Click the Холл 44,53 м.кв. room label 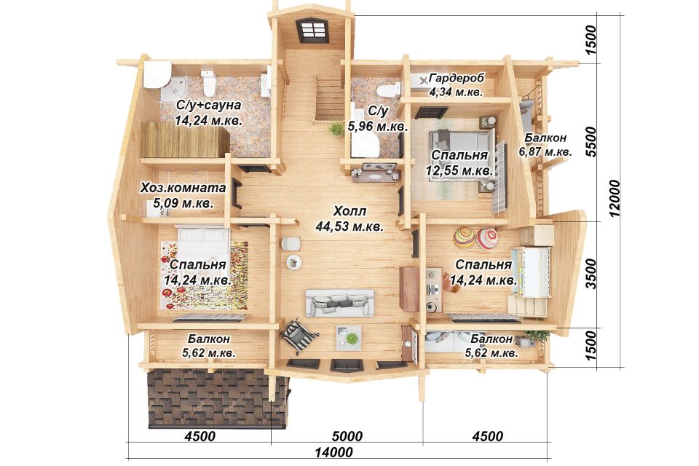pyautogui.click(x=349, y=218)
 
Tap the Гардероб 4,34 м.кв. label pyautogui.click(x=456, y=85)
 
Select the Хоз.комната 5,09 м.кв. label pyautogui.click(x=183, y=195)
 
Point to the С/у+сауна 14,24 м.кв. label pyautogui.click(x=208, y=113)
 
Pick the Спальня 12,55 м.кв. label pyautogui.click(x=459, y=163)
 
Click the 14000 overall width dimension pyautogui.click(x=333, y=452)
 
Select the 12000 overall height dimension pyautogui.click(x=615, y=198)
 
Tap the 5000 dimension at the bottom pyautogui.click(x=347, y=435)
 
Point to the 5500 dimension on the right pyautogui.click(x=591, y=141)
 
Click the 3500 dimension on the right pyautogui.click(x=591, y=274)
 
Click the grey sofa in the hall pyautogui.click(x=340, y=303)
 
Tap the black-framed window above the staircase pyautogui.click(x=312, y=31)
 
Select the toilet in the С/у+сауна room pyautogui.click(x=208, y=82)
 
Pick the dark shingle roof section pyautogui.click(x=217, y=398)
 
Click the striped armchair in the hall pyautogui.click(x=299, y=336)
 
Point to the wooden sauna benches pyautogui.click(x=184, y=139)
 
